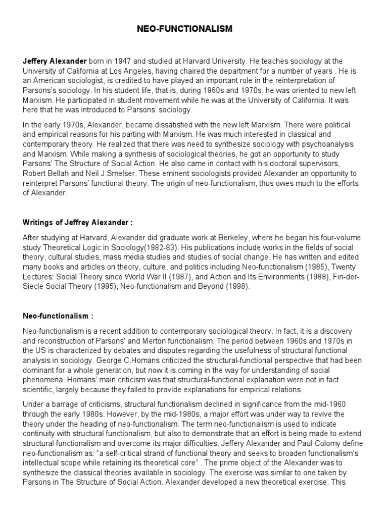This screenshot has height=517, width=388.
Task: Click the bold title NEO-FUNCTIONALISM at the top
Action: (x=185, y=29)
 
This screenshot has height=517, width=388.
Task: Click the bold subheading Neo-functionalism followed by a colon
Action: (x=58, y=316)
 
